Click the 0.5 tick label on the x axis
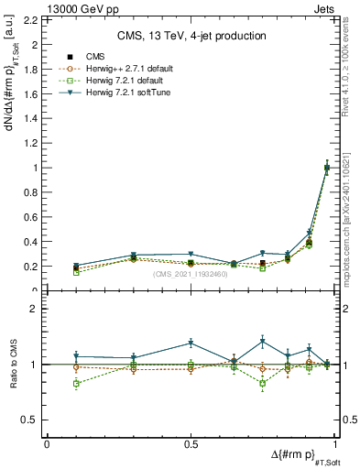(x=191, y=443)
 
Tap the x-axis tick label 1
(x=334, y=443)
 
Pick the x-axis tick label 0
(x=47, y=443)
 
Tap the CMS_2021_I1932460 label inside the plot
(x=191, y=274)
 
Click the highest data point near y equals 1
(x=327, y=168)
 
